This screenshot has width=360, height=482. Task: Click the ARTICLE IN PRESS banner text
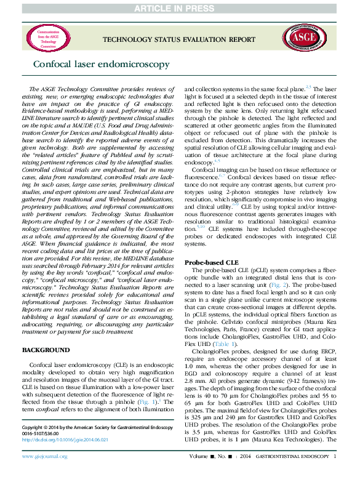[x=180, y=7]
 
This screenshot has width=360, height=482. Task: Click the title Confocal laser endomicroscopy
[x=81, y=63]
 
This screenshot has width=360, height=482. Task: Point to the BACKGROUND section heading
[x=46, y=350]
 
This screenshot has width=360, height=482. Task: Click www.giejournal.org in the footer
[x=46, y=474]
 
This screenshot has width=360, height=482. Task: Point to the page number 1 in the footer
[x=335, y=474]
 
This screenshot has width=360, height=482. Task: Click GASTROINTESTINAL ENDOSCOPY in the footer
[x=292, y=474]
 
